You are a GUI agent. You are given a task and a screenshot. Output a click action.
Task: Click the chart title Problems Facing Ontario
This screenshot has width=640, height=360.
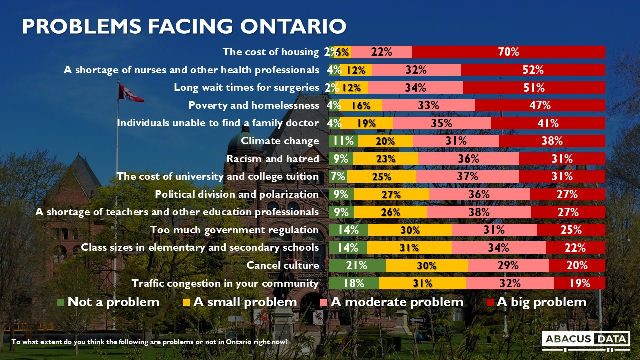pyautogui.click(x=184, y=26)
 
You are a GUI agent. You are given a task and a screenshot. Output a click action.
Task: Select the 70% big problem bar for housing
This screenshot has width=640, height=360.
pyautogui.click(x=508, y=52)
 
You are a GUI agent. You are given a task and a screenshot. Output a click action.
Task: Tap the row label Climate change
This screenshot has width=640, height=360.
pyautogui.click(x=280, y=141)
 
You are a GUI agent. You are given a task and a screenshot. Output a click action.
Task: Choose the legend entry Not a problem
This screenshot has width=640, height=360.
pyautogui.click(x=108, y=302)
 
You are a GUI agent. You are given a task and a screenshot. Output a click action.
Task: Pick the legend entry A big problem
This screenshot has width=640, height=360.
pyautogui.click(x=536, y=302)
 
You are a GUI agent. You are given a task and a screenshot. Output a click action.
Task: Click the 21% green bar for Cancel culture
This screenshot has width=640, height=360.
pyautogui.click(x=357, y=266)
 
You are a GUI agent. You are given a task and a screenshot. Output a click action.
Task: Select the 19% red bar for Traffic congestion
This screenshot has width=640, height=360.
pyautogui.click(x=579, y=284)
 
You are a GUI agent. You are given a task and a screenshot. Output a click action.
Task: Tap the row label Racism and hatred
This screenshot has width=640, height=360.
pyautogui.click(x=272, y=159)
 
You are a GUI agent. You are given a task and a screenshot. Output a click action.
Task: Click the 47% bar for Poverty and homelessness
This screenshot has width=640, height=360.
pyautogui.click(x=540, y=105)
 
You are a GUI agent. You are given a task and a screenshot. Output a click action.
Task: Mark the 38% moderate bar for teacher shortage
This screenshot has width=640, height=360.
pyautogui.click(x=479, y=212)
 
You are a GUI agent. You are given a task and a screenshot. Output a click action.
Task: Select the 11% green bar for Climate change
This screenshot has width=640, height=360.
pyautogui.click(x=343, y=141)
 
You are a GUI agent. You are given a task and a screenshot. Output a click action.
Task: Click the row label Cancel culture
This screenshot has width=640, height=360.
pyautogui.click(x=282, y=266)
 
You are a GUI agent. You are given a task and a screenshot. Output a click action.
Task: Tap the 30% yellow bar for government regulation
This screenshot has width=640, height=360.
pyautogui.click(x=410, y=230)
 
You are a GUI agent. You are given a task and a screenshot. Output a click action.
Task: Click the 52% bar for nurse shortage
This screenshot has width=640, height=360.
pyautogui.click(x=533, y=70)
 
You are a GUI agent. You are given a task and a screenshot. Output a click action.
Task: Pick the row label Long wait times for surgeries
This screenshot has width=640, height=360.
pyautogui.click(x=246, y=87)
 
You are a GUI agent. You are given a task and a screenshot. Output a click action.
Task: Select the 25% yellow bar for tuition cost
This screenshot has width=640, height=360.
pyautogui.click(x=382, y=177)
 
